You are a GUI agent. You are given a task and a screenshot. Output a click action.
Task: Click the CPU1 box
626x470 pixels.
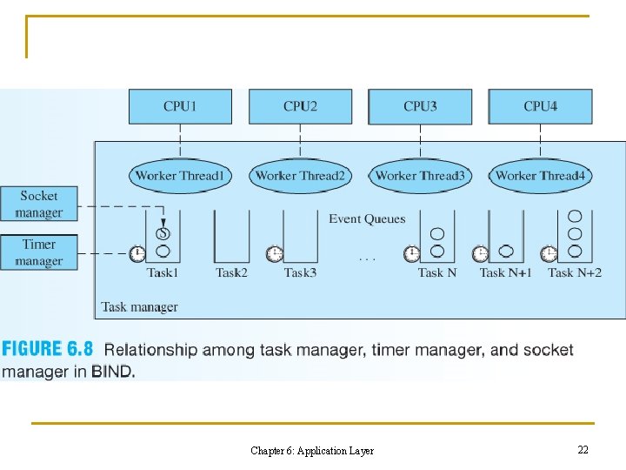[180, 106]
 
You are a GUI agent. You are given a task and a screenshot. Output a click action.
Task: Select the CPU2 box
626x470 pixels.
[300, 106]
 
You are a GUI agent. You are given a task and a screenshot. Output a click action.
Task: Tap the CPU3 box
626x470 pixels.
[420, 106]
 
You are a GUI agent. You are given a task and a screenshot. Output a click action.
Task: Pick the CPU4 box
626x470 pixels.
[540, 106]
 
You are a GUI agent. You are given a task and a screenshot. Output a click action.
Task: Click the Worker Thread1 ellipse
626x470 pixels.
[180, 176]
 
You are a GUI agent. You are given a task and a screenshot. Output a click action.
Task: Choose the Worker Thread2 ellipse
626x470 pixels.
[300, 176]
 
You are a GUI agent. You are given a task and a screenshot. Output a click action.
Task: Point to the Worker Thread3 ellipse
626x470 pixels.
[420, 176]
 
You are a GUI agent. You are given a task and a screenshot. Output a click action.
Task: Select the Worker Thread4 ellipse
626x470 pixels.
[540, 176]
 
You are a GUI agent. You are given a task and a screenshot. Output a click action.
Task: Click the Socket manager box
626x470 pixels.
[39, 205]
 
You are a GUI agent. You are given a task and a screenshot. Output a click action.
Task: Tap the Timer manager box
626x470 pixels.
[39, 252]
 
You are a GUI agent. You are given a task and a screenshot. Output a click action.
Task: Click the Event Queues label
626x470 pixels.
[367, 218]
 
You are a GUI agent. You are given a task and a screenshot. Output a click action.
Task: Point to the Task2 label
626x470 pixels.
[231, 273]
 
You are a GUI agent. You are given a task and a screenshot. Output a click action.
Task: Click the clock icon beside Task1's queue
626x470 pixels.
[137, 254]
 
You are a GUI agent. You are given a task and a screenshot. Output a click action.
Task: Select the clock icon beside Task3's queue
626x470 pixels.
[274, 254]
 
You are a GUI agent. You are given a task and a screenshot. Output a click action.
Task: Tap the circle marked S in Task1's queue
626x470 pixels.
[163, 233]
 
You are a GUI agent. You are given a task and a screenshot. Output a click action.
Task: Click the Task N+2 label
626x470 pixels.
[574, 273]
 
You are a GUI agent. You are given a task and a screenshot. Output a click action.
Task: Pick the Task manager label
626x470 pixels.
[139, 306]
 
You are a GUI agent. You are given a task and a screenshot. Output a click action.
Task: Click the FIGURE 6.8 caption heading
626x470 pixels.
[48, 350]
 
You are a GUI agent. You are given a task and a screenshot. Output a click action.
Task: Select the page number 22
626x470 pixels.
[583, 450]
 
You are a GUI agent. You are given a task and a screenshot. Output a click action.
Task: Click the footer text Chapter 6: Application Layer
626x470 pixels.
[312, 451]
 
